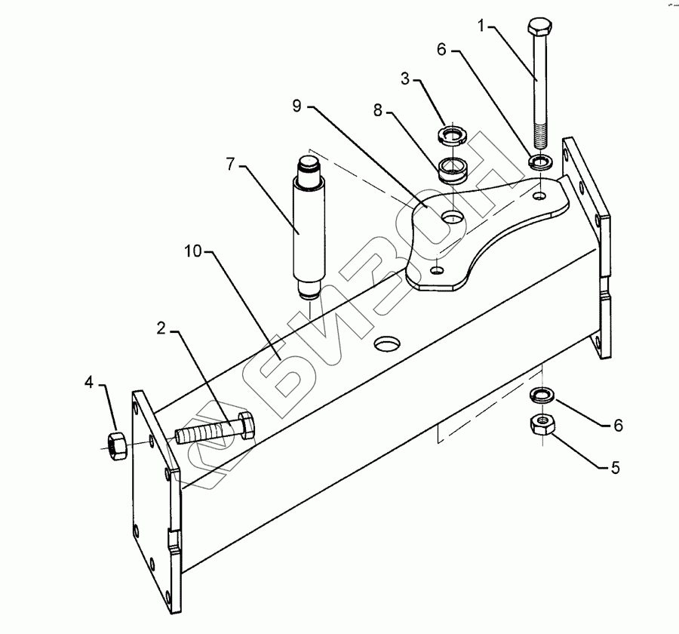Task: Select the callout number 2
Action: click(x=161, y=329)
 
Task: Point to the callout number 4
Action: click(x=89, y=383)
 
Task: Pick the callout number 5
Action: click(x=615, y=469)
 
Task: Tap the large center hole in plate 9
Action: click(x=453, y=217)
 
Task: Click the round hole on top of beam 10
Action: click(x=388, y=344)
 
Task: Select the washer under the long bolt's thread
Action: click(x=540, y=161)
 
